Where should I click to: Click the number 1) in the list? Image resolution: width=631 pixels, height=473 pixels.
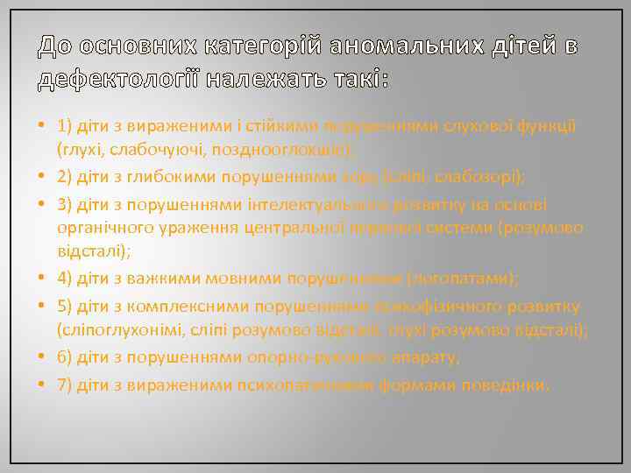(x=64, y=127)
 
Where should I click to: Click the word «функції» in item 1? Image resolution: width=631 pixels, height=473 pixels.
(x=545, y=127)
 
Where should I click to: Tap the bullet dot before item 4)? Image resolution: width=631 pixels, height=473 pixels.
(x=44, y=279)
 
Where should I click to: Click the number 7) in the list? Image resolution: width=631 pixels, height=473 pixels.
(x=64, y=385)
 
